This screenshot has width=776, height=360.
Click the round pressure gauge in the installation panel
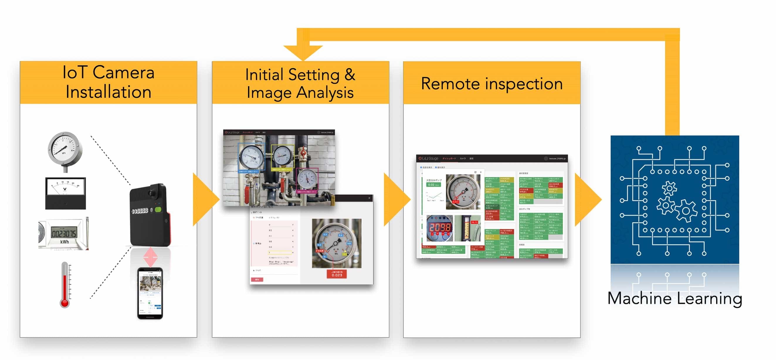click(65, 149)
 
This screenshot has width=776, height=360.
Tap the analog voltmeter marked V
click(65, 193)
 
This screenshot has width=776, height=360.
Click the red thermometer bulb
click(65, 302)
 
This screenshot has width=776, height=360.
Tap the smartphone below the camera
click(150, 293)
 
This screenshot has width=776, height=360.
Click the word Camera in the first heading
click(123, 72)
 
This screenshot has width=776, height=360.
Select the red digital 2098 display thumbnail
click(440, 228)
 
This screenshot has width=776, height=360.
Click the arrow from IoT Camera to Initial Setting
click(205, 199)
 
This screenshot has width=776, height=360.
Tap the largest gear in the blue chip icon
click(686, 210)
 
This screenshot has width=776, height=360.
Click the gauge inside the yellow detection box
click(282, 156)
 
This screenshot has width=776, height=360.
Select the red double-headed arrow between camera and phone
click(150, 257)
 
